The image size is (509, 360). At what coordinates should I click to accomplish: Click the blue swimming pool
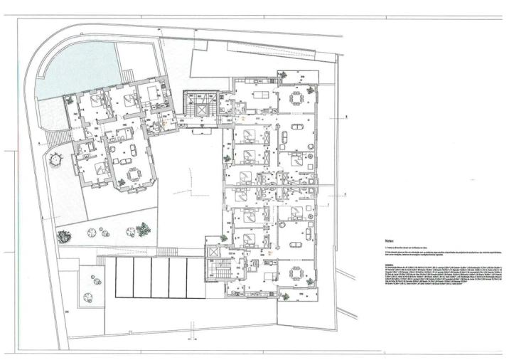[x=71, y=71]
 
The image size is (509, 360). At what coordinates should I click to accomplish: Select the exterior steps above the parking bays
[x=167, y=251]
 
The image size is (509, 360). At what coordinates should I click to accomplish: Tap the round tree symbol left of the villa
[x=55, y=162]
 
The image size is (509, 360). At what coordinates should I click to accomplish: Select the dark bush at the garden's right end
[x=144, y=229]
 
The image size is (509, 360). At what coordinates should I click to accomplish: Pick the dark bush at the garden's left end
[x=66, y=235]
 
